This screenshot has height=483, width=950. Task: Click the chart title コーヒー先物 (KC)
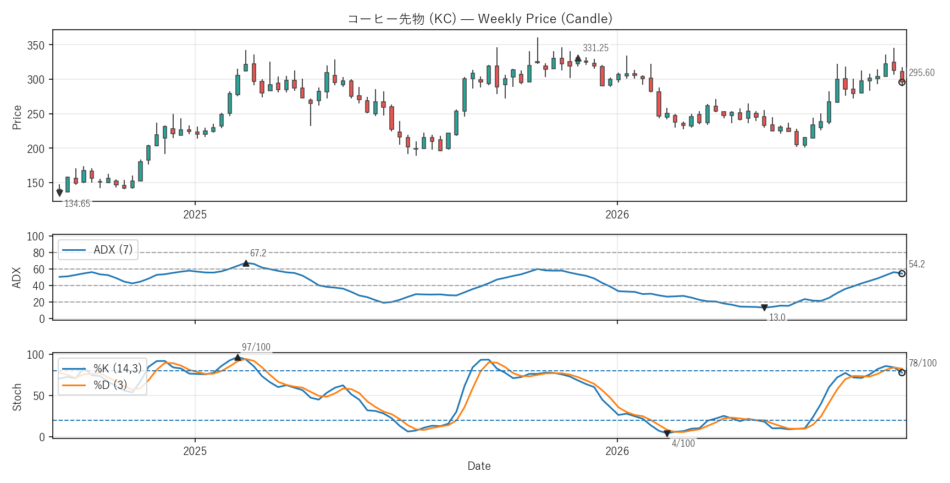click(x=402, y=19)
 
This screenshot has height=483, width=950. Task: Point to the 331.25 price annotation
click(x=595, y=48)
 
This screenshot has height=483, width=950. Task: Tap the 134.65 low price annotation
click(x=77, y=204)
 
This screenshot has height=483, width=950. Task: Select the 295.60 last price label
click(x=921, y=73)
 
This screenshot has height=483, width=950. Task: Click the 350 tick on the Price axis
click(x=36, y=46)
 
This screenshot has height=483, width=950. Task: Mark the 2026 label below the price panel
click(x=617, y=215)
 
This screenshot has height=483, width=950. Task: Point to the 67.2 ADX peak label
click(x=258, y=253)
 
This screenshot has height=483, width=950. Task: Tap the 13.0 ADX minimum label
click(x=777, y=317)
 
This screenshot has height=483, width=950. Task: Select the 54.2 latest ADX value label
click(x=916, y=264)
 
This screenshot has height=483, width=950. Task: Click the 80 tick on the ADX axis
click(x=38, y=253)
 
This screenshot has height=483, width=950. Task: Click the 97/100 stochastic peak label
click(x=256, y=347)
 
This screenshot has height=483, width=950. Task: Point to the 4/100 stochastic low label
click(x=683, y=443)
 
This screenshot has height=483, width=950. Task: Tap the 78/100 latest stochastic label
click(x=923, y=363)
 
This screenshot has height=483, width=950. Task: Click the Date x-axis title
click(x=479, y=466)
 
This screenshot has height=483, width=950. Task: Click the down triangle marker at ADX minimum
click(x=764, y=308)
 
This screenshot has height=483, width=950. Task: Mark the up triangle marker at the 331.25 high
click(x=578, y=58)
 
